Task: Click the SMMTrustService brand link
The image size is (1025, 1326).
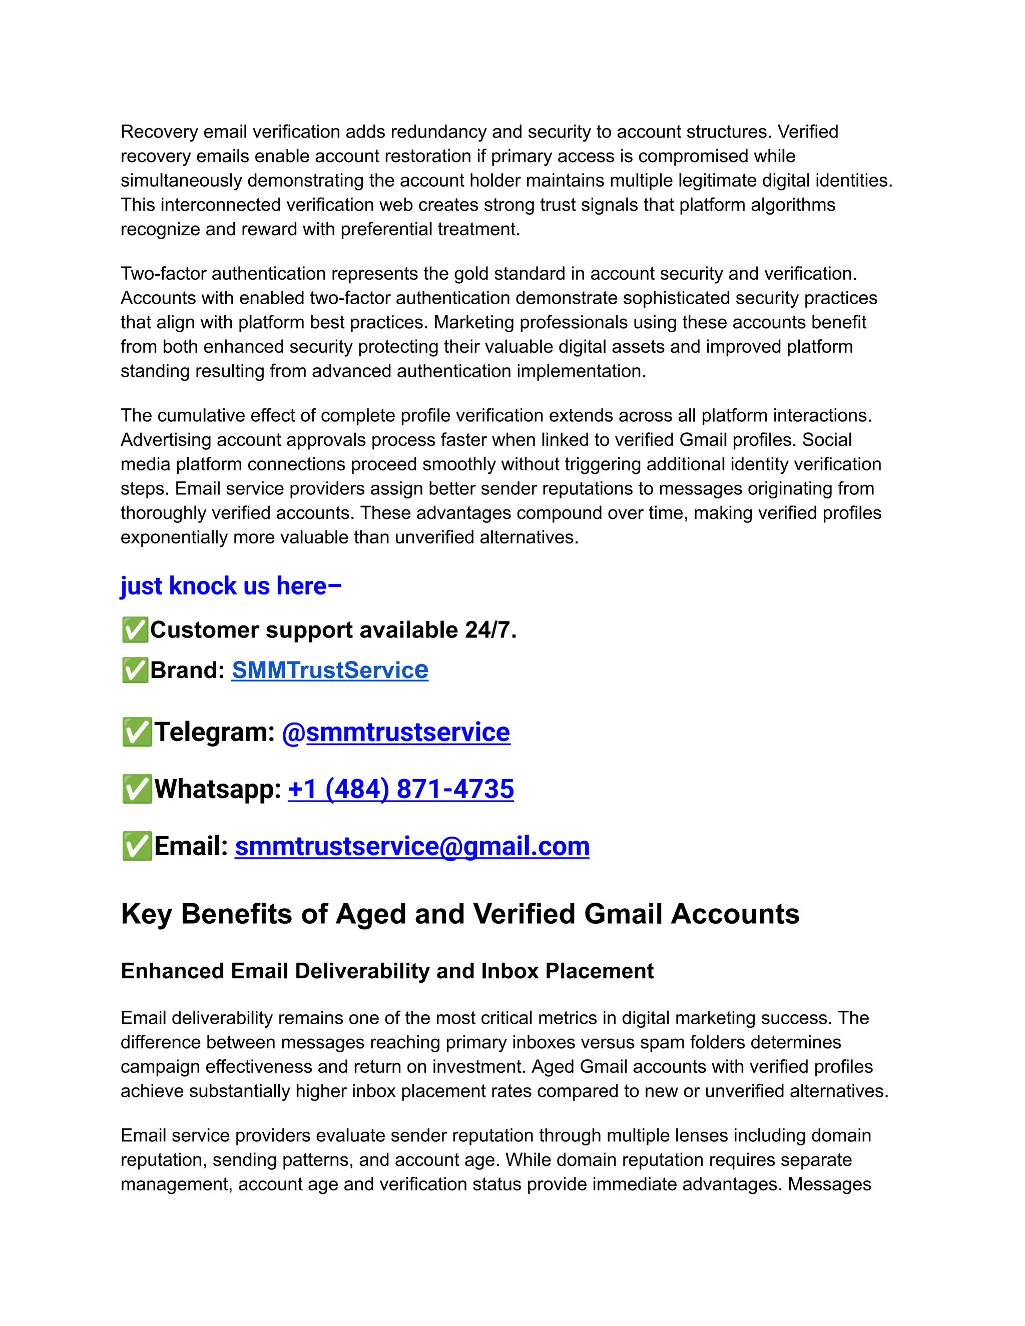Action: click(330, 671)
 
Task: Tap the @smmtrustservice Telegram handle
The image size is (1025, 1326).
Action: click(396, 732)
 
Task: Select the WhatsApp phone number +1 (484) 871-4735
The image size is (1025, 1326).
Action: click(401, 789)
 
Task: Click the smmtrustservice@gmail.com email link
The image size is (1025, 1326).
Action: click(412, 846)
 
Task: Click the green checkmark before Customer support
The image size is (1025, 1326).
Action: click(135, 630)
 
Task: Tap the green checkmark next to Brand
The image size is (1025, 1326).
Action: click(135, 671)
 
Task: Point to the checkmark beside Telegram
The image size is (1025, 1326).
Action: click(137, 732)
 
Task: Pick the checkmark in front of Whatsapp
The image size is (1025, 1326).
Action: click(137, 789)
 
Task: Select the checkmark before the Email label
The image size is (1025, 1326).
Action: click(137, 846)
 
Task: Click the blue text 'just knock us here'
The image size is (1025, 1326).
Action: click(231, 586)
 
